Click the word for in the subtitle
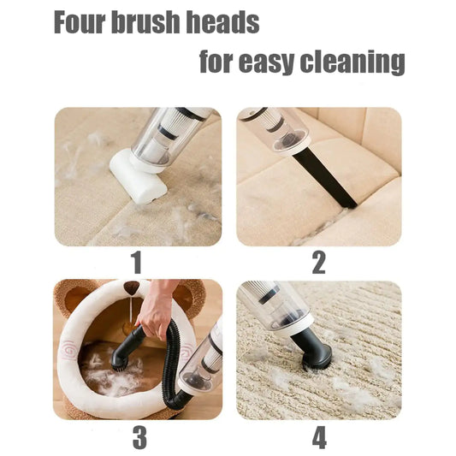pyautogui.click(x=222, y=62)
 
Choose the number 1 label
pyautogui.click(x=136, y=264)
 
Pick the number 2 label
pyautogui.click(x=318, y=264)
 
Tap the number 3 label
pyautogui.click(x=139, y=436)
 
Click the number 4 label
pyautogui.click(x=318, y=436)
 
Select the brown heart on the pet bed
pyautogui.click(x=131, y=289)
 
